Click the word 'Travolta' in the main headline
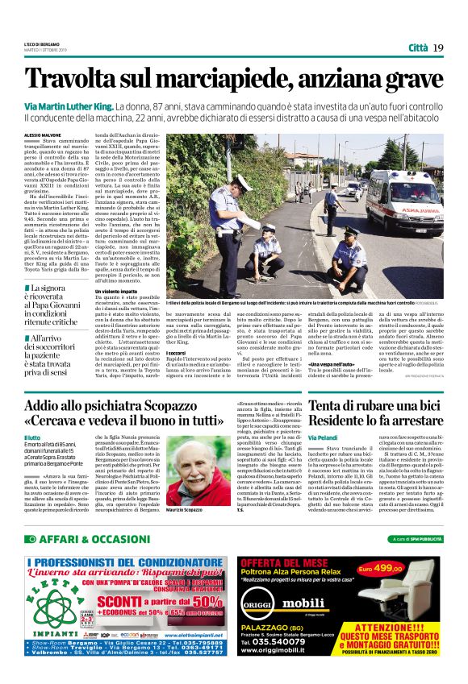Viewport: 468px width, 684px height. [76, 79]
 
